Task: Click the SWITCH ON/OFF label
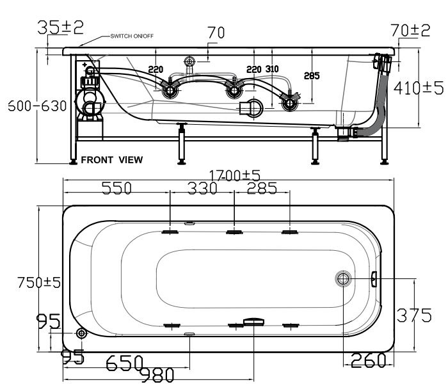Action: point(132,36)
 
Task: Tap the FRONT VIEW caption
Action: point(111,159)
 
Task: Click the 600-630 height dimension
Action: point(37,106)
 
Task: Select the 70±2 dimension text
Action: point(410,29)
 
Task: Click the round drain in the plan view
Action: point(343,278)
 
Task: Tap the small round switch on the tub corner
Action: point(81,334)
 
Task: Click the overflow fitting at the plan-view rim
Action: point(374,278)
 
